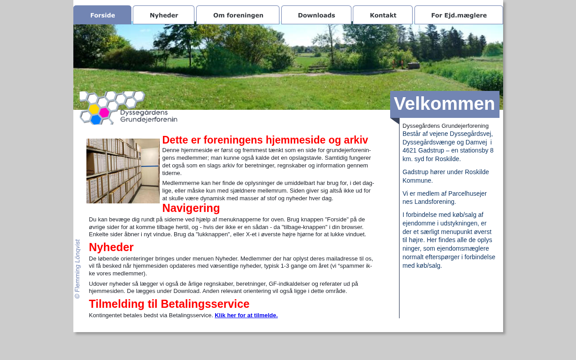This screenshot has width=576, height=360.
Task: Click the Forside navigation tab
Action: (x=102, y=15)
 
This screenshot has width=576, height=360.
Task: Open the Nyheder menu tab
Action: (x=164, y=15)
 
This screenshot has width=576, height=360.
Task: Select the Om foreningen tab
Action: (x=238, y=15)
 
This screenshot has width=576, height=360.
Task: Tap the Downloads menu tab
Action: (x=316, y=15)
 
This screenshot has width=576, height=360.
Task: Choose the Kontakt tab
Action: (x=383, y=15)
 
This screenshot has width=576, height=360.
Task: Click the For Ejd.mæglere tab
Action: (x=459, y=15)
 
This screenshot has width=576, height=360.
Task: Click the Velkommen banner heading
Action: (x=445, y=104)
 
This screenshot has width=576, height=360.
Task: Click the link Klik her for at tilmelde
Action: (x=246, y=315)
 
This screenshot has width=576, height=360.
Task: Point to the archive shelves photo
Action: (x=123, y=171)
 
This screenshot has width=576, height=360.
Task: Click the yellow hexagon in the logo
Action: (x=94, y=109)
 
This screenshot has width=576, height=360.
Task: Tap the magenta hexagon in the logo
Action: (x=104, y=112)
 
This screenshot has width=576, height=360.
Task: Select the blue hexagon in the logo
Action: (x=96, y=120)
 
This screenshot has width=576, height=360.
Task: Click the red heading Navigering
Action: (x=191, y=208)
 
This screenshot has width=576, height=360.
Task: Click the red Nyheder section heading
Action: (x=111, y=247)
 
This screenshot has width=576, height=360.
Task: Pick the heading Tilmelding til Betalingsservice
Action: (x=169, y=304)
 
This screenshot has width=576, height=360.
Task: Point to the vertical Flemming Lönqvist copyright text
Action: (x=77, y=269)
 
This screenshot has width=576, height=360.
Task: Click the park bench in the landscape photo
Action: (x=318, y=67)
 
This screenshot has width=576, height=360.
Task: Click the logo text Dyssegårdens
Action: (x=144, y=112)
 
